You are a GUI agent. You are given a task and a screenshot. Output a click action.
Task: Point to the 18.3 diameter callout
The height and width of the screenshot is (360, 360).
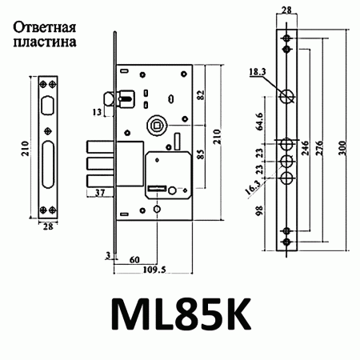tap(258, 72)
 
